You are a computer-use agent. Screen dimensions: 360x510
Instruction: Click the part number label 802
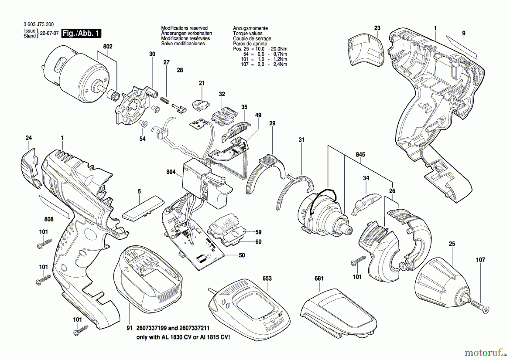pyautogui.click(x=108, y=46)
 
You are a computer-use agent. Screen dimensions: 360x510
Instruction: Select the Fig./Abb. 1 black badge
pyautogui.click(x=81, y=33)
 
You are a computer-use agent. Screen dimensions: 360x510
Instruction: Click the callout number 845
pyautogui.click(x=360, y=155)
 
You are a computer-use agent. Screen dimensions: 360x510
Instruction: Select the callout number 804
pyautogui.click(x=171, y=172)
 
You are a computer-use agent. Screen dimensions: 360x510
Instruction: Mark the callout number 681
pyautogui.click(x=319, y=278)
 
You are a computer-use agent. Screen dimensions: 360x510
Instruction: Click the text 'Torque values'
pyautogui.click(x=248, y=33)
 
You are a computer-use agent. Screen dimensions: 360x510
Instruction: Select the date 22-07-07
pyautogui.click(x=49, y=33)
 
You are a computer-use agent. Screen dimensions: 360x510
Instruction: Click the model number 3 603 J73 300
pyautogui.click(x=39, y=25)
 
